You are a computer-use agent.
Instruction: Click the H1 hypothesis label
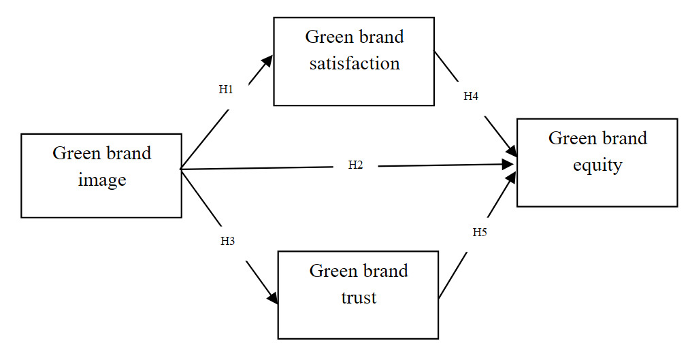click(226, 89)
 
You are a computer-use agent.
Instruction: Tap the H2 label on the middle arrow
click(355, 165)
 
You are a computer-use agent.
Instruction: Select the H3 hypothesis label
click(227, 241)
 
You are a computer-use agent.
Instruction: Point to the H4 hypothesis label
click(471, 97)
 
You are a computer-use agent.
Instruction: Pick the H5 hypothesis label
click(480, 232)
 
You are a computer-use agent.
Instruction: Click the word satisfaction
click(354, 63)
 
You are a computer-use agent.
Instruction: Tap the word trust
click(359, 297)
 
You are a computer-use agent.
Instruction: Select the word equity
click(597, 165)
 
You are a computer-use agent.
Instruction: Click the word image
click(101, 180)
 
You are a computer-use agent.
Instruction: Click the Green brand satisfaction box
click(354, 85)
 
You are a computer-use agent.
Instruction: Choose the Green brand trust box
click(358, 320)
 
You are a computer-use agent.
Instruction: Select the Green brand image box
click(101, 201)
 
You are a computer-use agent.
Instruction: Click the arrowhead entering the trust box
click(274, 298)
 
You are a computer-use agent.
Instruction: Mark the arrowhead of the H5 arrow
click(511, 178)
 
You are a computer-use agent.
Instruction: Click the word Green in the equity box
click(568, 138)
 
